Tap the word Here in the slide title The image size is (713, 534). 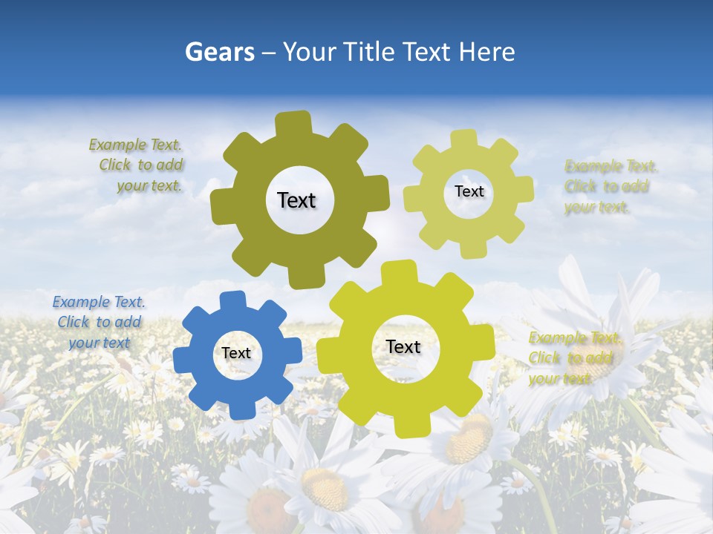[x=486, y=52]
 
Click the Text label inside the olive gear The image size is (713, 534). [x=296, y=200]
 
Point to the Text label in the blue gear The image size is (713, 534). [x=236, y=354]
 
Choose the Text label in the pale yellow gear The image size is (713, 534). [x=469, y=191]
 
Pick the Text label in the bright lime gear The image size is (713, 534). [x=403, y=347]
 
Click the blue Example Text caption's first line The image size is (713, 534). [x=99, y=302]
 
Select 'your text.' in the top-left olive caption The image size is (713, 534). [x=149, y=186]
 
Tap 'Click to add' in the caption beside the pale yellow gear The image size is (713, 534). [x=607, y=187]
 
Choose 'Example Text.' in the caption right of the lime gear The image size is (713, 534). [x=576, y=338]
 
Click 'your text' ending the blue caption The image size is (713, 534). [x=100, y=343]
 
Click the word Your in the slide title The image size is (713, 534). [x=311, y=52]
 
